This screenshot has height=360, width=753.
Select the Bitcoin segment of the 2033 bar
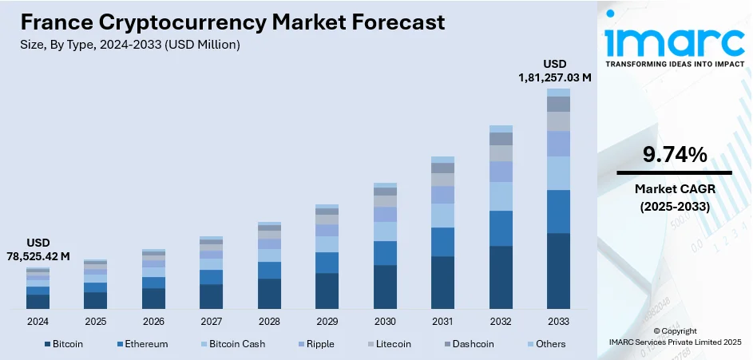[558, 271]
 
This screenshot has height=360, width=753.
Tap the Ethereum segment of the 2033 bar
[558, 212]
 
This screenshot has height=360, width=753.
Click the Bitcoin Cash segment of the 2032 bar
[501, 196]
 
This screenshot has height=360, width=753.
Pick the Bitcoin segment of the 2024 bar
[38, 301]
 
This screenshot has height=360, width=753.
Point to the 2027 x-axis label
[212, 321]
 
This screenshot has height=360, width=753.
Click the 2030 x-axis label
[385, 321]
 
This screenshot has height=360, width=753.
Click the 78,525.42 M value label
[38, 257]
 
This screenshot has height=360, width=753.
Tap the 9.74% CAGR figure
[674, 156]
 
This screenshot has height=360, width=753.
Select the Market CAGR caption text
[674, 198]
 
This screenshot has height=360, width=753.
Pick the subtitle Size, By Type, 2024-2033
[129, 45]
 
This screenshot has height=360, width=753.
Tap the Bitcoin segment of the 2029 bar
[327, 291]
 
